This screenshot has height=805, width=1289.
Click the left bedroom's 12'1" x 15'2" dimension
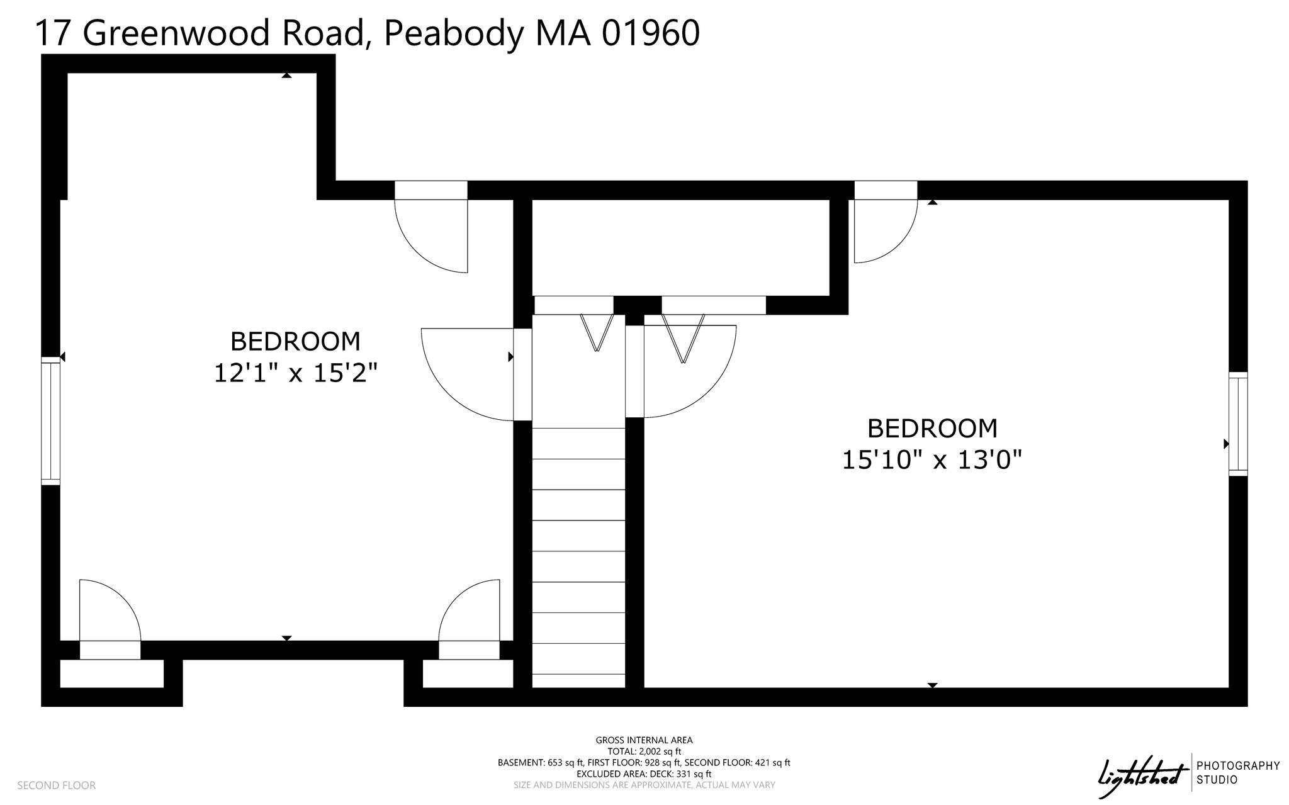pyautogui.click(x=296, y=374)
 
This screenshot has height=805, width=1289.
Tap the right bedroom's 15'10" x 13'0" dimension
pyautogui.click(x=932, y=460)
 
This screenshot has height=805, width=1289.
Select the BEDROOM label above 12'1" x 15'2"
pyautogui.click(x=296, y=342)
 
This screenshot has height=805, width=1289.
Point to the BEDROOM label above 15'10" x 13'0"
pyautogui.click(x=932, y=429)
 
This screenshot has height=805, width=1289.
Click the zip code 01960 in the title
pyautogui.click(x=651, y=33)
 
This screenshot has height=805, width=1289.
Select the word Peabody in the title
pyautogui.click(x=452, y=35)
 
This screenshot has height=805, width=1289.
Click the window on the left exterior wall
pyautogui.click(x=50, y=420)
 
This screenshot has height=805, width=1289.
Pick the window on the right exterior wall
pyautogui.click(x=1238, y=424)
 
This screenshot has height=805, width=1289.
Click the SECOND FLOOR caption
pyautogui.click(x=57, y=785)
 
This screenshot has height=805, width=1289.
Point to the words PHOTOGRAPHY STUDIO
pyautogui.click(x=1237, y=773)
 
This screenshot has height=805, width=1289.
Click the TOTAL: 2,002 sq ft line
pyautogui.click(x=644, y=752)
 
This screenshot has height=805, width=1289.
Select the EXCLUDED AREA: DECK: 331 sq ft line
pyautogui.click(x=644, y=774)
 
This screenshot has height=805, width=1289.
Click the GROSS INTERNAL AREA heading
pyautogui.click(x=644, y=740)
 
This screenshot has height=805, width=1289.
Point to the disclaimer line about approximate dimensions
pyautogui.click(x=644, y=785)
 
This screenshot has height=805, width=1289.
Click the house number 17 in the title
pyautogui.click(x=52, y=33)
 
